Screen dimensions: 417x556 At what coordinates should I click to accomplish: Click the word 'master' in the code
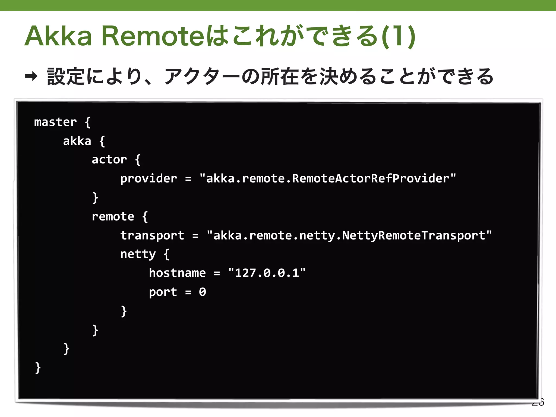[55, 122]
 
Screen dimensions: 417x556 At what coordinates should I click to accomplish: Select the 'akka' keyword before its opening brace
[77, 141]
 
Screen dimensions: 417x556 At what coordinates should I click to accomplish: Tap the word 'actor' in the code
[109, 160]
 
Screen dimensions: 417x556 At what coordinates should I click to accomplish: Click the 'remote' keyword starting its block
[113, 217]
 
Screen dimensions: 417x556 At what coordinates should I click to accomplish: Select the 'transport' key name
[152, 236]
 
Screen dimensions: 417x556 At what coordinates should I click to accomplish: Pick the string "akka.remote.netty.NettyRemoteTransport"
[349, 236]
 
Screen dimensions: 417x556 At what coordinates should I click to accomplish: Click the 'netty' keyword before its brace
[138, 254]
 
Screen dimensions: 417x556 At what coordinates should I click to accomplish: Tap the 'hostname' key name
[177, 273]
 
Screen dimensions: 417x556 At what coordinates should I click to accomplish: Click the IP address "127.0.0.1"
[267, 273]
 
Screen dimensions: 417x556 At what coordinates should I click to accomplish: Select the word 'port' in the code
[163, 292]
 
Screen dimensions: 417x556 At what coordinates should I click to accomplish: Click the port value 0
[203, 292]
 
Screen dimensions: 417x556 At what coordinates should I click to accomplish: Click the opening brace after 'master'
[87, 122]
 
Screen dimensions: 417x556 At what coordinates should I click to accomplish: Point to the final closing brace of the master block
[38, 368]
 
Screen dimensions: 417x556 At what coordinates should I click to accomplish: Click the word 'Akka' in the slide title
[59, 36]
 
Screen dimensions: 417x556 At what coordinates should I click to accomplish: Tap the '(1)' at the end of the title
[399, 36]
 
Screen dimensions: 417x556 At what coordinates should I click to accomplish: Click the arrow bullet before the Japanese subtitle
[31, 77]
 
